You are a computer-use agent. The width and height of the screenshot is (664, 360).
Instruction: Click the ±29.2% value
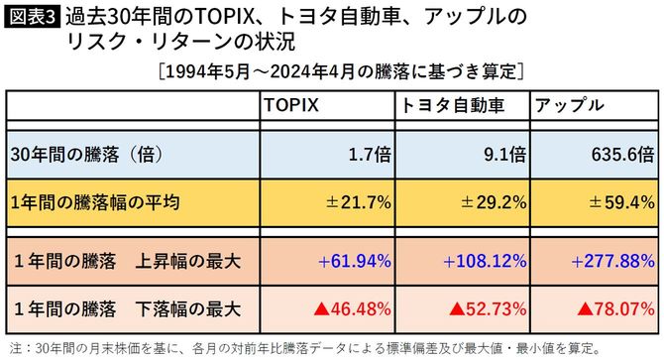489,203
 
